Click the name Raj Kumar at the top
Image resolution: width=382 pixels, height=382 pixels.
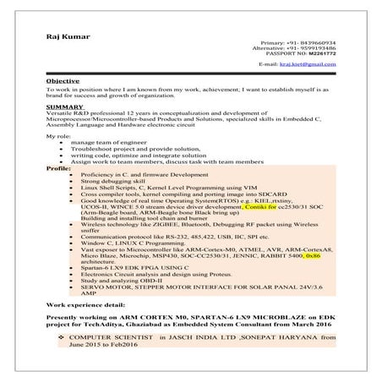click(x=68, y=36)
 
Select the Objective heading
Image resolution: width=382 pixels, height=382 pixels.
click(x=63, y=80)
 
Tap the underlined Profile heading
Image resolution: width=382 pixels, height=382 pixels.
click(x=58, y=169)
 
